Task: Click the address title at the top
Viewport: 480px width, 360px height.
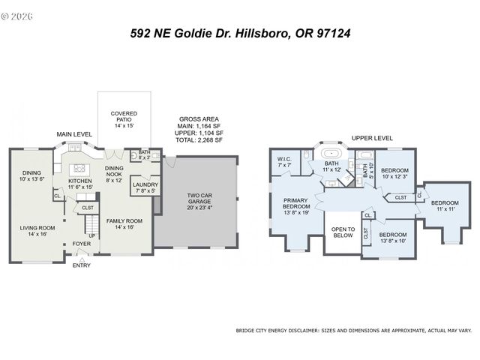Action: click(x=240, y=33)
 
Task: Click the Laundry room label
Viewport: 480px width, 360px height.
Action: click(x=145, y=187)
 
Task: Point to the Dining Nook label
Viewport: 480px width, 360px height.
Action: click(x=114, y=173)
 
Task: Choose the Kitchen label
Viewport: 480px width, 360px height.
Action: click(x=80, y=184)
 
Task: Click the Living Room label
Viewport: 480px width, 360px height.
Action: click(x=37, y=232)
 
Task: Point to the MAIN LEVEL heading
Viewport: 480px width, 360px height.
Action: click(x=74, y=134)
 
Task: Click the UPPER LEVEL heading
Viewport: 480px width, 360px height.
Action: click(x=372, y=139)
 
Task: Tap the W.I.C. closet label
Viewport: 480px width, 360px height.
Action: click(x=284, y=162)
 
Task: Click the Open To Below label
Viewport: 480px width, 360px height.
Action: click(x=343, y=232)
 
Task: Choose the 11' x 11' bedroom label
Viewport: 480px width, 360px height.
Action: click(x=445, y=205)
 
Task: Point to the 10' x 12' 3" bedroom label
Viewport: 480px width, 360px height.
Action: click(x=394, y=173)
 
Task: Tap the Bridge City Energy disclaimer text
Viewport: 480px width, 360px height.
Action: click(x=353, y=330)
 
